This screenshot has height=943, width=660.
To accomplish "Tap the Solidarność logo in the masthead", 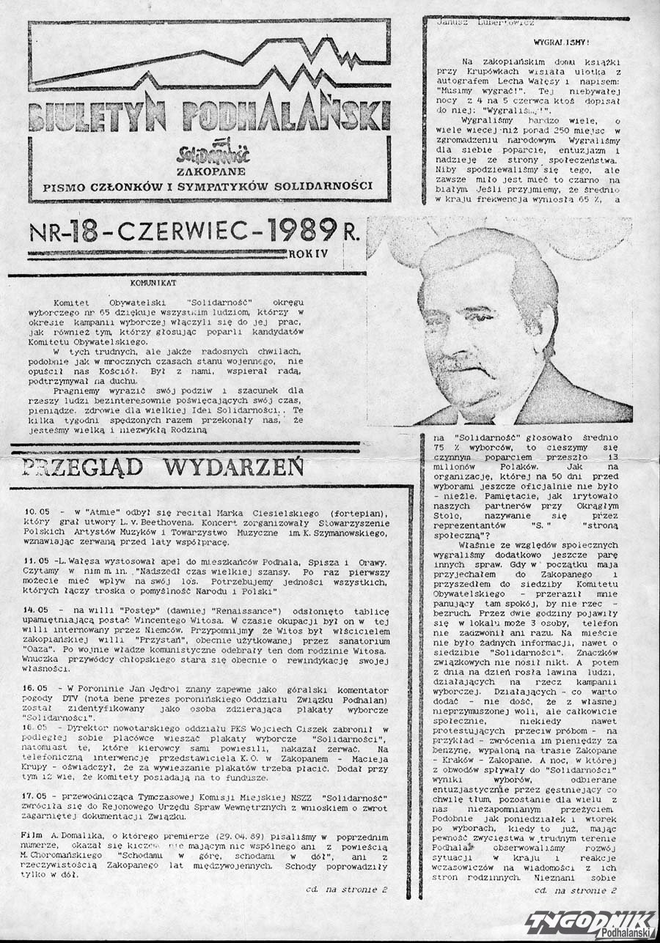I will (214, 152).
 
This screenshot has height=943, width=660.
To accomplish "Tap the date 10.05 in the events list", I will (36, 509).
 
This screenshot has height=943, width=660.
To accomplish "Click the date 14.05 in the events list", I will (36, 610).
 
